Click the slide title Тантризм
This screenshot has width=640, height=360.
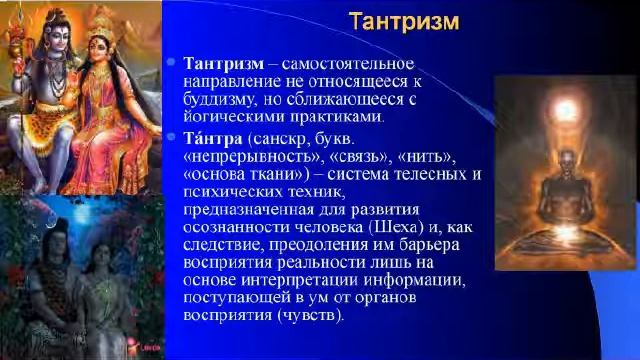pyautogui.click(x=404, y=21)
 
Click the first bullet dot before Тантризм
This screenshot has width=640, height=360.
pyautogui.click(x=172, y=63)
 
